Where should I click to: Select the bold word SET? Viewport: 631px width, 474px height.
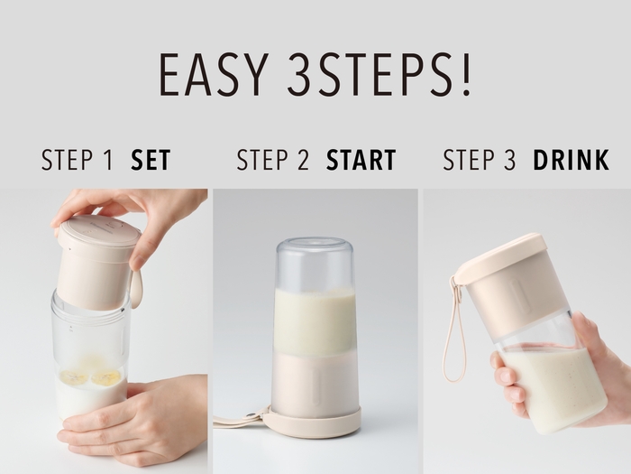[151, 160]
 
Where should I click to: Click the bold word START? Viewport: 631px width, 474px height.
[361, 160]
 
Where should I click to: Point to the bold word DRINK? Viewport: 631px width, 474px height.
[571, 160]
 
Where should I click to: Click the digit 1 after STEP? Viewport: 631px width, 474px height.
[107, 160]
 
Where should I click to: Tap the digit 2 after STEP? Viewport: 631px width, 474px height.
[303, 160]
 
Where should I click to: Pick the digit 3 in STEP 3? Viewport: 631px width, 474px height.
[509, 160]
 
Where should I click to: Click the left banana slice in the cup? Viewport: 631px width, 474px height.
[74, 377]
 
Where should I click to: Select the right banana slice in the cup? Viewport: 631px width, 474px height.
[105, 377]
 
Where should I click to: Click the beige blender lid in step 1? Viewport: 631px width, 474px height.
[96, 261]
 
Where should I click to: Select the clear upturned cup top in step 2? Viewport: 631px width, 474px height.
[315, 262]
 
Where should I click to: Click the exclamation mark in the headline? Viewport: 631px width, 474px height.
[466, 75]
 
